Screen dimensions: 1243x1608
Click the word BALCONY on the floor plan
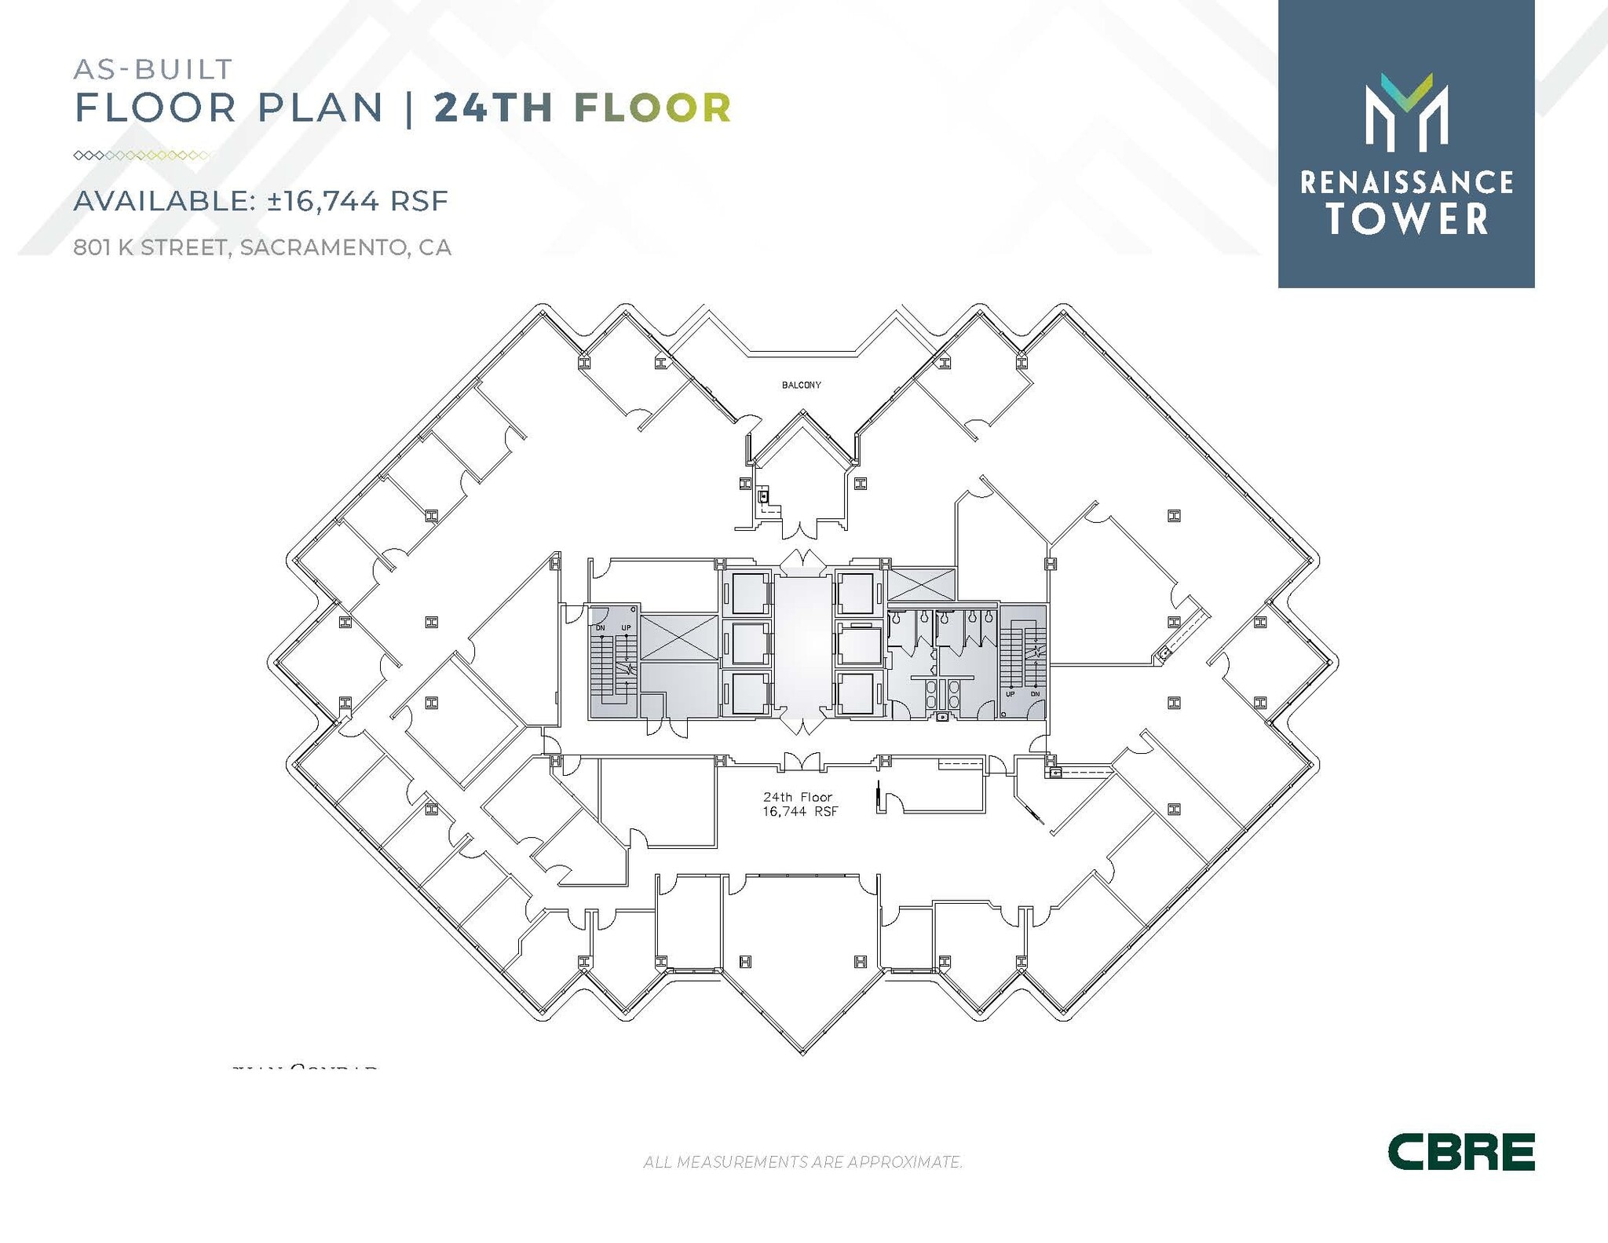pyautogui.click(x=801, y=385)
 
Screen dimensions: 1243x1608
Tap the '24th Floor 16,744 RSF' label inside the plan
pyautogui.click(x=800, y=804)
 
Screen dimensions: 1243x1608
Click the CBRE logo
pyautogui.click(x=1460, y=1152)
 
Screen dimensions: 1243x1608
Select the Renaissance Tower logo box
pyautogui.click(x=1405, y=144)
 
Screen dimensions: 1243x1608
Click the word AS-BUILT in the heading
pyautogui.click(x=153, y=70)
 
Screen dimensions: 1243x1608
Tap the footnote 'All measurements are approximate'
pyautogui.click(x=802, y=1161)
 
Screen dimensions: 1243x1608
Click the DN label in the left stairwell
pyautogui.click(x=601, y=627)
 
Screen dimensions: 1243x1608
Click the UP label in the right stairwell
pyautogui.click(x=1010, y=694)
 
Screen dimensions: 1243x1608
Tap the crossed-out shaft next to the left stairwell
pyautogui.click(x=678, y=637)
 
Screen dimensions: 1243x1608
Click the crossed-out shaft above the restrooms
pyautogui.click(x=921, y=585)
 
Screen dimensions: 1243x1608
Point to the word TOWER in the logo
pyautogui.click(x=1407, y=218)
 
